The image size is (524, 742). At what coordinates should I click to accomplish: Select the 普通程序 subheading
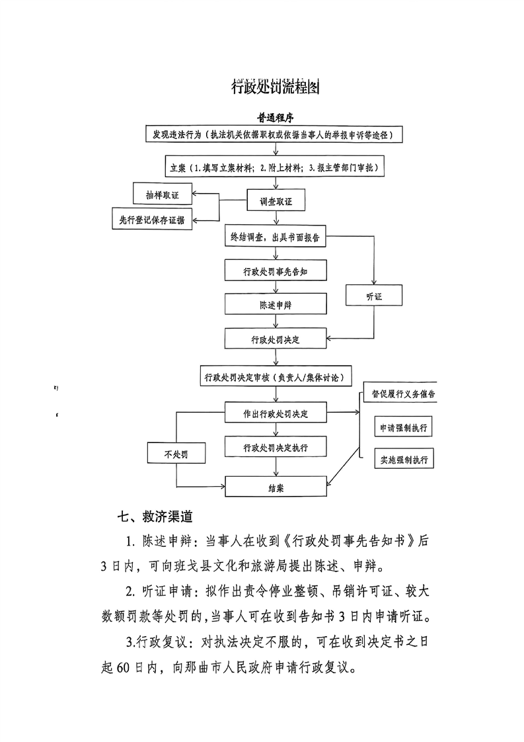276,117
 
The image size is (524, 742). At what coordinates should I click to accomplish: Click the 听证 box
374,297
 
